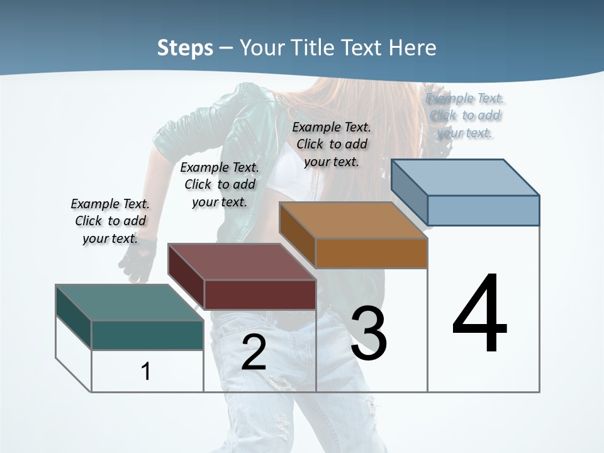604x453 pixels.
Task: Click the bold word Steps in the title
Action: [185, 48]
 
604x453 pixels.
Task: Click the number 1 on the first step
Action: [145, 371]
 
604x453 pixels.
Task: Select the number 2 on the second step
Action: [254, 353]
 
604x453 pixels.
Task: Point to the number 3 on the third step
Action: [369, 333]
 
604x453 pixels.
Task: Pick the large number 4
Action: [479, 314]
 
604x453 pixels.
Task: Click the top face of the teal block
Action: [129, 303]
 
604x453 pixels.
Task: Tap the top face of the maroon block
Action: [241, 262]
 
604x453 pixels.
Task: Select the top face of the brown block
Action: [352, 220]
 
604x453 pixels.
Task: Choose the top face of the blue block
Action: [464, 177]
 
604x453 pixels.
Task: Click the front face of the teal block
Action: [147, 335]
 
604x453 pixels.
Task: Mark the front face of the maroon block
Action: [260, 294]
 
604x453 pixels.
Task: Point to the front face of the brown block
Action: [371, 253]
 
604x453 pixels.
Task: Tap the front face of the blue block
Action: [483, 210]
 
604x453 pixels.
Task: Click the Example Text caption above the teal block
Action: [110, 221]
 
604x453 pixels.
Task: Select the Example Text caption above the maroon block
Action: [220, 184]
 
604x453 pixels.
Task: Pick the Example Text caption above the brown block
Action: [332, 144]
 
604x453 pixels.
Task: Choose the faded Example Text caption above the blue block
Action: [465, 115]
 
